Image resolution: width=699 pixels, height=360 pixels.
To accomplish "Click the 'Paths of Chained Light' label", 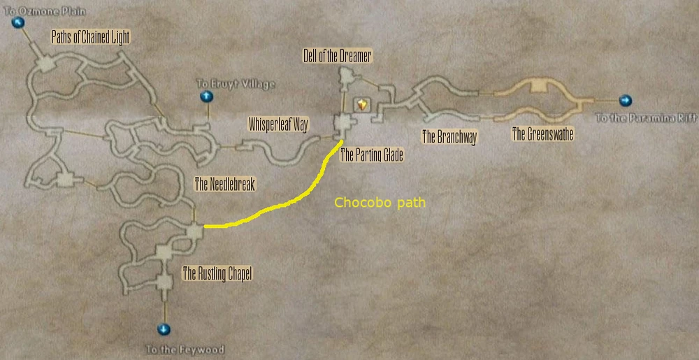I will tap(91, 36).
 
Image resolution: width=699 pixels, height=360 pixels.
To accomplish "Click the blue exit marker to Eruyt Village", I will tap(206, 96).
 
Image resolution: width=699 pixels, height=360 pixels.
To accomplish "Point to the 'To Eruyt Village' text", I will tap(237, 84).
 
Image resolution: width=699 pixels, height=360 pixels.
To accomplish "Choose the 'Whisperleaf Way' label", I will tap(278, 125).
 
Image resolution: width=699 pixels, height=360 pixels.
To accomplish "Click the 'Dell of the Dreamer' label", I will tap(337, 56).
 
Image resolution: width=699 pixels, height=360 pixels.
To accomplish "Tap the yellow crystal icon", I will tap(362, 104).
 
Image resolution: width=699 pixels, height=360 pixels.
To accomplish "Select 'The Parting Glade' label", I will tap(371, 154).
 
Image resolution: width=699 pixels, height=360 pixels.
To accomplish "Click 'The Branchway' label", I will tap(449, 137).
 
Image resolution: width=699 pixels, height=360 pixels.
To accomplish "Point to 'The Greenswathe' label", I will tap(542, 134).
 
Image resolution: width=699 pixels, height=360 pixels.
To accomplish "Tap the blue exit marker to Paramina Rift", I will tap(625, 100).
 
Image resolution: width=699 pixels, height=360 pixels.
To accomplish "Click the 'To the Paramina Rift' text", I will tap(646, 118).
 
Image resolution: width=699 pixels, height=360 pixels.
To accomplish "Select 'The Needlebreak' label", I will tap(225, 185).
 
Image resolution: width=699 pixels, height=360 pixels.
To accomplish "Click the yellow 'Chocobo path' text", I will tap(380, 203).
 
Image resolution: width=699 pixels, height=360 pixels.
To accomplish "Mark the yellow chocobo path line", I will tap(280, 206).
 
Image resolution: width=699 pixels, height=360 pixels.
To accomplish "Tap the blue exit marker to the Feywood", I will tap(164, 329).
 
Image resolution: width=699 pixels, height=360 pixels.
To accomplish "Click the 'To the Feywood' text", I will tap(185, 349).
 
